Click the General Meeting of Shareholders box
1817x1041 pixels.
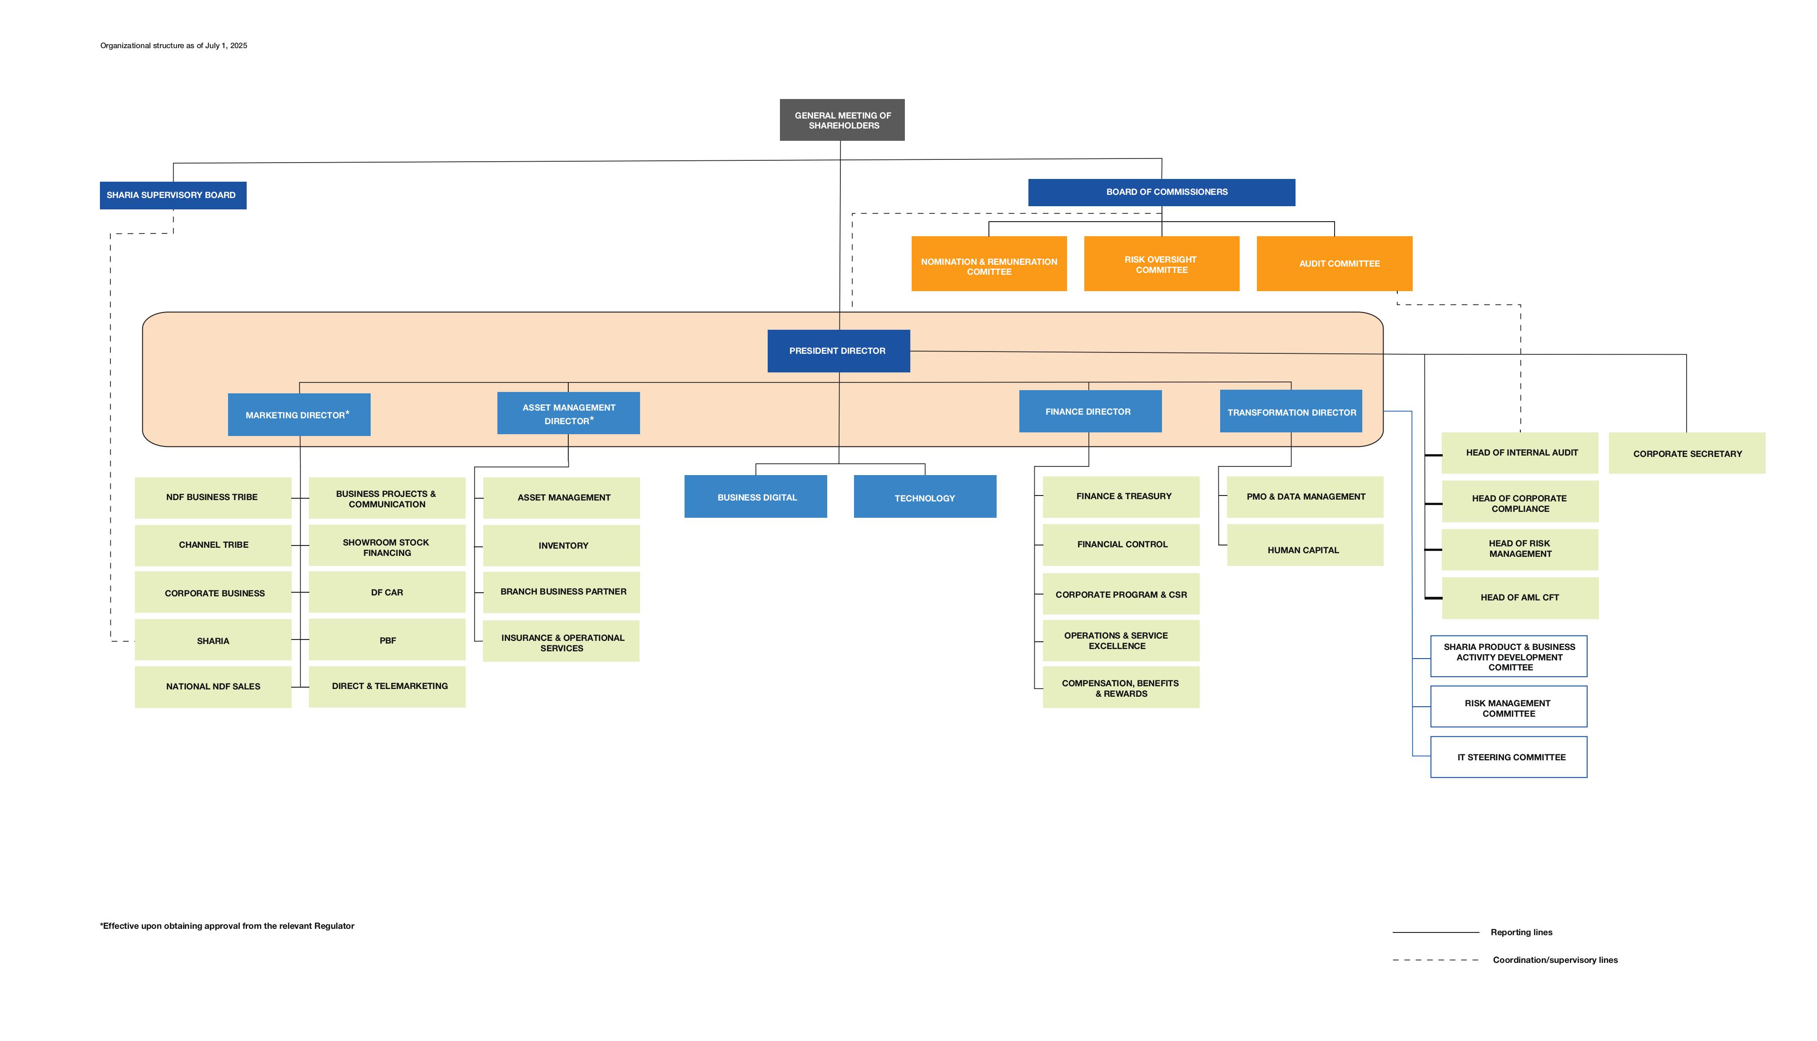[x=842, y=120]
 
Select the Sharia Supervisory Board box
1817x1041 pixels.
[x=173, y=195]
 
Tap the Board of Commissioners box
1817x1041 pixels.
[x=1161, y=192]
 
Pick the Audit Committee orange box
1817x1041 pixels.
[x=1334, y=264]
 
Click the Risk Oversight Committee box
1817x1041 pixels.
[x=1161, y=264]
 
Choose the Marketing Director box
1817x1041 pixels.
[x=299, y=415]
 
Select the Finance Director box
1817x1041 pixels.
[x=1090, y=411]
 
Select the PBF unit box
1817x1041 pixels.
[x=387, y=640]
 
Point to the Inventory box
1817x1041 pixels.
[x=561, y=545]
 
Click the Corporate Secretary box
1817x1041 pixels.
[x=1687, y=453]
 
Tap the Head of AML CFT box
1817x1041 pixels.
[x=1520, y=598]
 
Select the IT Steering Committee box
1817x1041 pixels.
[x=1509, y=757]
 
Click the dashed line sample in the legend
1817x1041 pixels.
[x=1435, y=960]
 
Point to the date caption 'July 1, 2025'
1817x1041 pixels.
[x=226, y=46]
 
